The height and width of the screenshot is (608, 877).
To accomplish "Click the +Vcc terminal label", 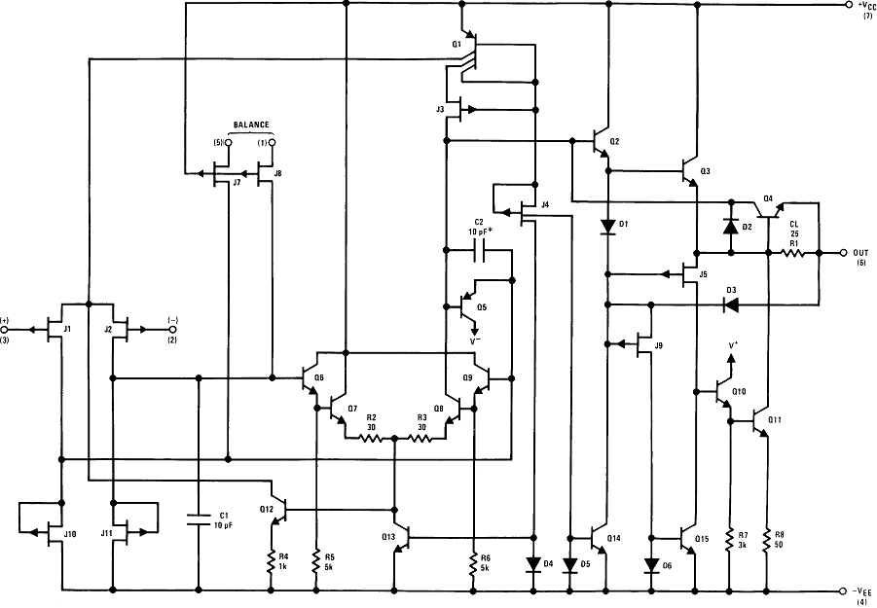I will pyautogui.click(x=862, y=7).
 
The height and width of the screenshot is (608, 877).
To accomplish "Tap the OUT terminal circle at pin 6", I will pyautogui.click(x=845, y=253).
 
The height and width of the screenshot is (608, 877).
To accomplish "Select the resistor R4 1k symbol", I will pyautogui.click(x=272, y=562).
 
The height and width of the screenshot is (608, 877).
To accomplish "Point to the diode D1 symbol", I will pyautogui.click(x=607, y=228).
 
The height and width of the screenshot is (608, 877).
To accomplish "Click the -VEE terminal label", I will pyautogui.click(x=863, y=590).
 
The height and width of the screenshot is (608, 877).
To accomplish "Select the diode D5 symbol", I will pyautogui.click(x=568, y=563).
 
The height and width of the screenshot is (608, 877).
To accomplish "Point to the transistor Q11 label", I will pyautogui.click(x=775, y=420).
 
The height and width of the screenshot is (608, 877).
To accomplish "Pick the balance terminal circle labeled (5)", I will pyautogui.click(x=229, y=143).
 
